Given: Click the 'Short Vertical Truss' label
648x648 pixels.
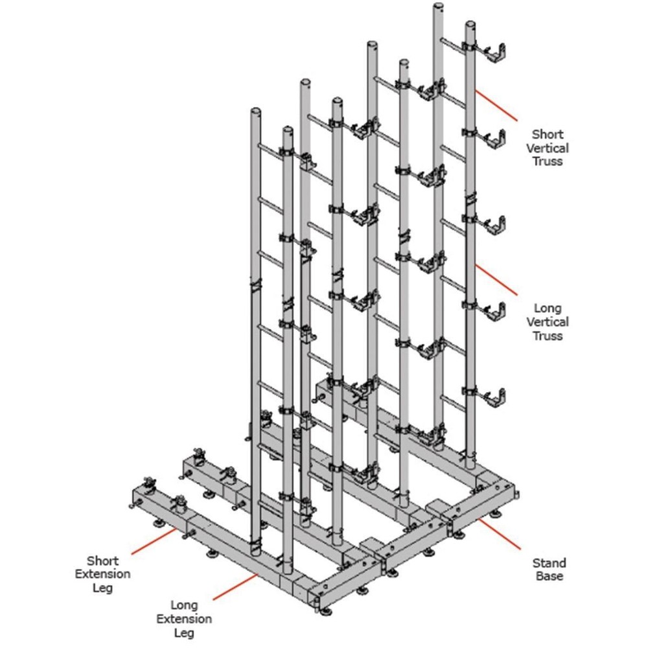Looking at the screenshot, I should (x=548, y=148).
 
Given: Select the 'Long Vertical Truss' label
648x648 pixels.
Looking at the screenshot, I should (x=548, y=321).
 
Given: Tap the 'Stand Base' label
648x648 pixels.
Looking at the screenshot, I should (x=549, y=570).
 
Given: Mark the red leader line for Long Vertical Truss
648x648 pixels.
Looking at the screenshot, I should (x=496, y=279).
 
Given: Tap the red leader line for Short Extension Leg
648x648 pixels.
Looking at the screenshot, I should (x=154, y=540).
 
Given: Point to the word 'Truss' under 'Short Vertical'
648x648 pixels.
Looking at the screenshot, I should (x=548, y=161).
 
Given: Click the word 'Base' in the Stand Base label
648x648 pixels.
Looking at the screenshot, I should (x=549, y=576).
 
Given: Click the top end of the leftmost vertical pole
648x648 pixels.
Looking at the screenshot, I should (x=255, y=111).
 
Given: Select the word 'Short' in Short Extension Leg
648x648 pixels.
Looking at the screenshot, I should (x=102, y=561).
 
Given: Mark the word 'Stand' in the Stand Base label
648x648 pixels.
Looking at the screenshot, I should (x=549, y=563).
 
